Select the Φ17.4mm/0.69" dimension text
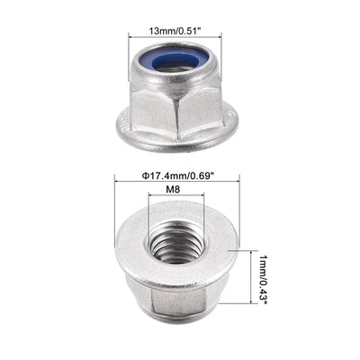click(x=179, y=174)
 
